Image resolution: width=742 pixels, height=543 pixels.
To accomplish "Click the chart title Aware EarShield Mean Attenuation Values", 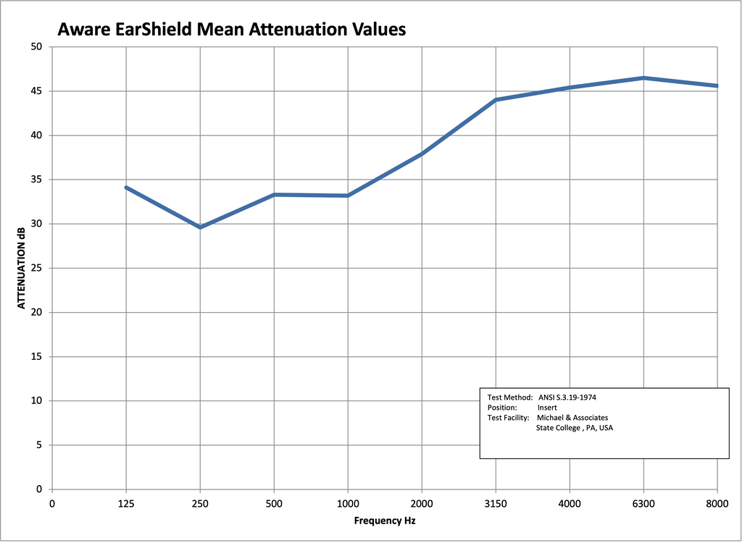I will [x=231, y=30].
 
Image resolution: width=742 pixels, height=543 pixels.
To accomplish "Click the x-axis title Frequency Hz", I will [x=385, y=521].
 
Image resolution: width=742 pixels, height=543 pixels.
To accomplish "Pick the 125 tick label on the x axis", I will [x=126, y=503].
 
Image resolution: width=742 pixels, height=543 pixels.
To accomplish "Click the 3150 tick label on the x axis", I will [x=496, y=503].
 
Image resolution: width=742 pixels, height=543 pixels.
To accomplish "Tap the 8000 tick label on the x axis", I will [x=717, y=503].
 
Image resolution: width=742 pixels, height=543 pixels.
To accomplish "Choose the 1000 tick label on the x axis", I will [x=348, y=503].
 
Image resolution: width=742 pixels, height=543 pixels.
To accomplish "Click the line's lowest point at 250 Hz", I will [x=200, y=227].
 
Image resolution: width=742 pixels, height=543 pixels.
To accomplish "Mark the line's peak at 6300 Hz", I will [x=643, y=77].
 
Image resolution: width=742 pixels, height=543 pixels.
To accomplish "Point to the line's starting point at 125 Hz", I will [x=126, y=188].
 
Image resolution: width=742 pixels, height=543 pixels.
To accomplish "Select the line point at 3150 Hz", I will [x=496, y=100].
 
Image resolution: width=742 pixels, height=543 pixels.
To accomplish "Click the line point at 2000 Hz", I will [x=422, y=153].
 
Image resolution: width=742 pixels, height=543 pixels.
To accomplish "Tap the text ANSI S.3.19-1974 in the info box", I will [x=567, y=397].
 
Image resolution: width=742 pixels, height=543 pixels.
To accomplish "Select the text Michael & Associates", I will [x=572, y=418].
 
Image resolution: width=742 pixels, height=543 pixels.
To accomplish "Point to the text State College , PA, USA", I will [x=574, y=428].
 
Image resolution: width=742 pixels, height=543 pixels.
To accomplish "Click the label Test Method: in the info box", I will [x=510, y=397].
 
